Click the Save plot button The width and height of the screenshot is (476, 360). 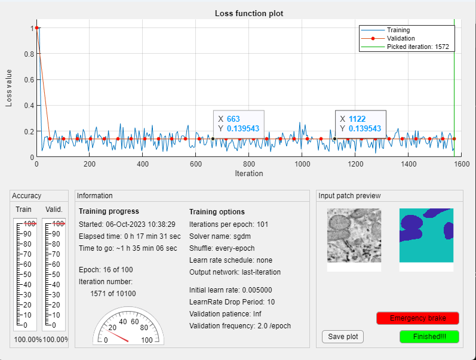(343, 337)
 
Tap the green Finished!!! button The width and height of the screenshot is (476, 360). (429, 337)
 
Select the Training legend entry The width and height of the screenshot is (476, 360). (398, 30)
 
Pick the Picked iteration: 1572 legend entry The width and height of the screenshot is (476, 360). (417, 47)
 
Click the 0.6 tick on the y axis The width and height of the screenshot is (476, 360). (29, 79)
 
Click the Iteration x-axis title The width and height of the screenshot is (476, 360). (248, 174)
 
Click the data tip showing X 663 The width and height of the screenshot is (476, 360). (239, 124)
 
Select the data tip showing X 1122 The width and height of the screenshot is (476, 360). (360, 124)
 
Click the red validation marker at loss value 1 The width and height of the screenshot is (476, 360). (37, 28)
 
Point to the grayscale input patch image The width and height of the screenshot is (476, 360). (354, 235)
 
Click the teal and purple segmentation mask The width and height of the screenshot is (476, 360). (426, 235)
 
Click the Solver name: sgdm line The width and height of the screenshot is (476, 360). (217, 237)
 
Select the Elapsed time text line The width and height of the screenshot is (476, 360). (130, 237)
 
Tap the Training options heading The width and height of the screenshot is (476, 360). (217, 212)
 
